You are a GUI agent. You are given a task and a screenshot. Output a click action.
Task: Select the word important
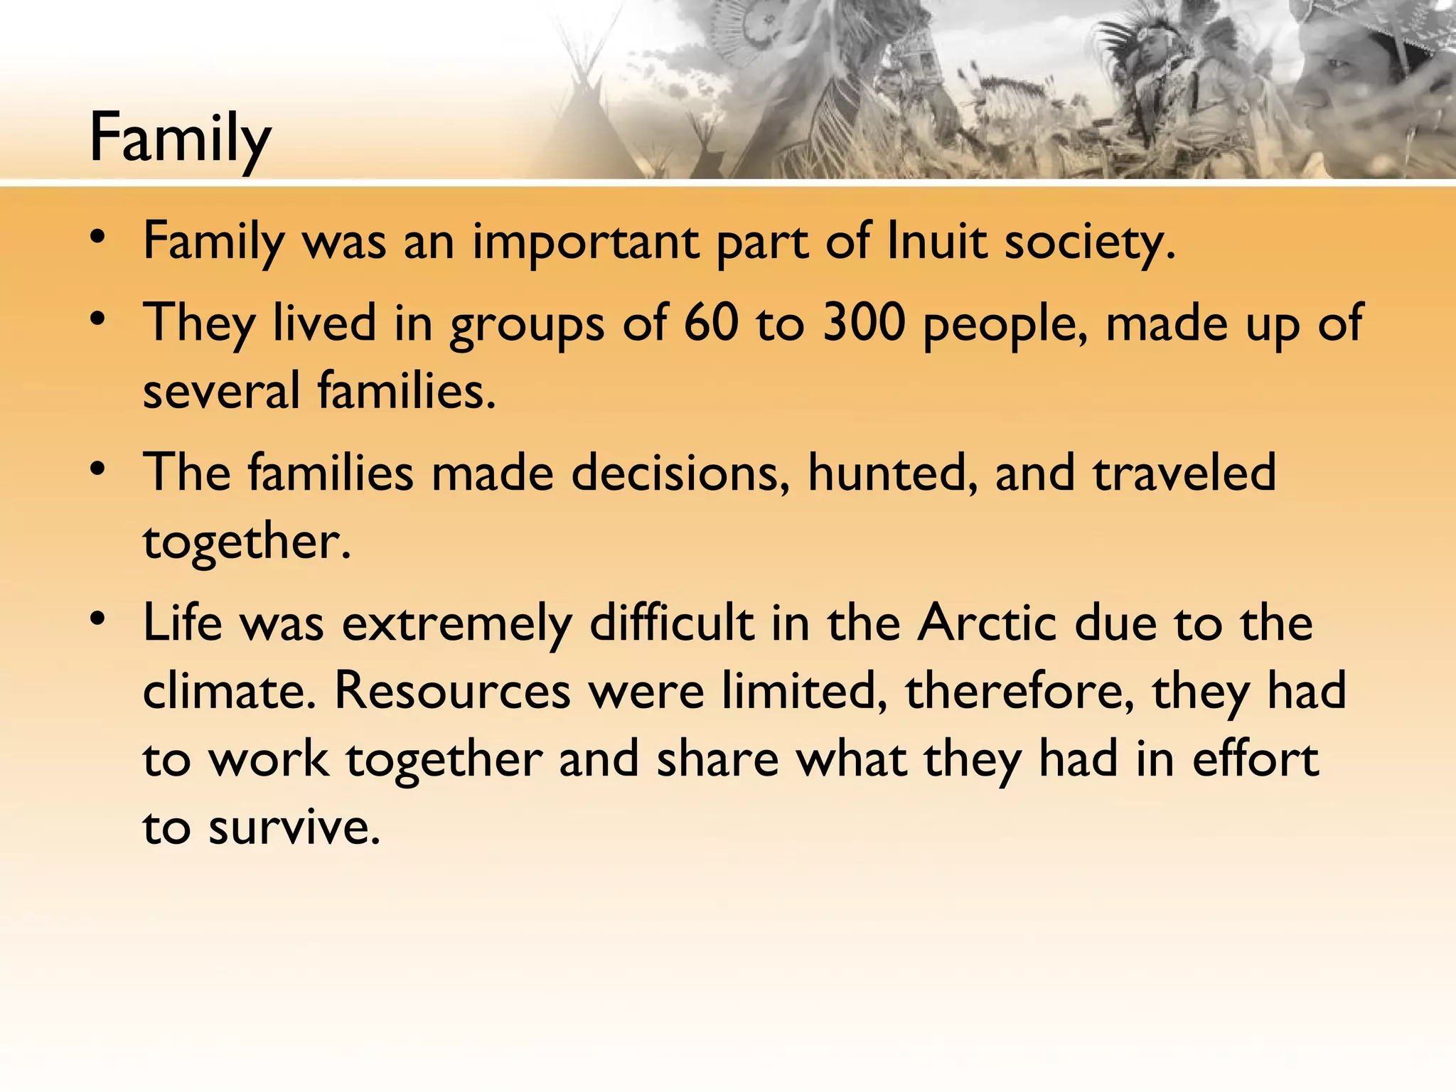click(x=585, y=243)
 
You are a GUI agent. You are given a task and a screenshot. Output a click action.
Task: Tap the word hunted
click(x=892, y=473)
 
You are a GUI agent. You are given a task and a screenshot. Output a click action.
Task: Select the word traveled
click(x=1184, y=473)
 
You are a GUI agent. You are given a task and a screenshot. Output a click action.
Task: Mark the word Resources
click(x=452, y=691)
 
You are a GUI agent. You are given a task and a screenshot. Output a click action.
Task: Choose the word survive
click(x=294, y=828)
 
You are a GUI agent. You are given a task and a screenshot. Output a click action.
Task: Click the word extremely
click(x=457, y=624)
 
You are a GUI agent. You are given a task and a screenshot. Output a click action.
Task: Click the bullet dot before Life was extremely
click(x=99, y=619)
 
